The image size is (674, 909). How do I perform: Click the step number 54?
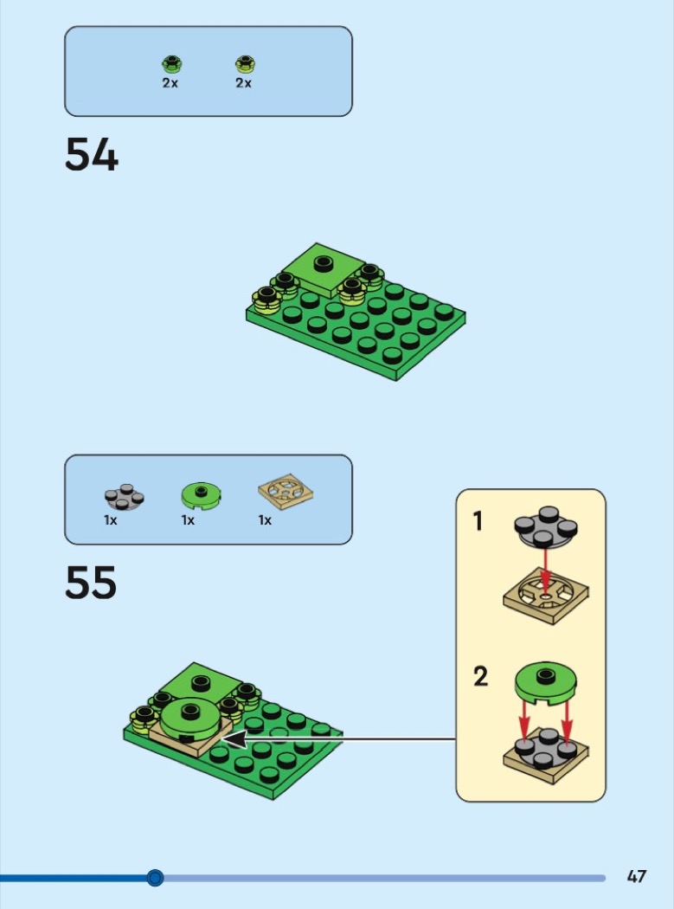coord(92,156)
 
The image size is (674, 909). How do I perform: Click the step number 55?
coord(91,583)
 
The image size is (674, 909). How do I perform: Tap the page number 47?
coord(636,877)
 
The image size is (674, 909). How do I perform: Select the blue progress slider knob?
coord(155,878)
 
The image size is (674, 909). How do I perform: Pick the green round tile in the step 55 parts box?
coord(201,495)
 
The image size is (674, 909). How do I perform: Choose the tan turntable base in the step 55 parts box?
coord(285,495)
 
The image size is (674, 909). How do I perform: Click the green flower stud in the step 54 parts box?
coord(171,63)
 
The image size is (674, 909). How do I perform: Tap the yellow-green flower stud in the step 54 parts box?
coord(245,63)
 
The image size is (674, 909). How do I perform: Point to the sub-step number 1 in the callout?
coord(478,522)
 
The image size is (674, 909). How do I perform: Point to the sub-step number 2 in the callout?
coord(480,676)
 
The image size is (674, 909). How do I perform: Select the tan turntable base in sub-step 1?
coord(546,596)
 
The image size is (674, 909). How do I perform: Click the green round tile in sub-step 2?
coord(546,682)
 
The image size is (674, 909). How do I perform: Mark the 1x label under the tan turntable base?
coord(265,520)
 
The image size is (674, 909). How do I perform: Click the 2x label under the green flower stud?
coord(170,83)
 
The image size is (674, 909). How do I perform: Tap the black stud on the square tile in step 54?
coord(324,264)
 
